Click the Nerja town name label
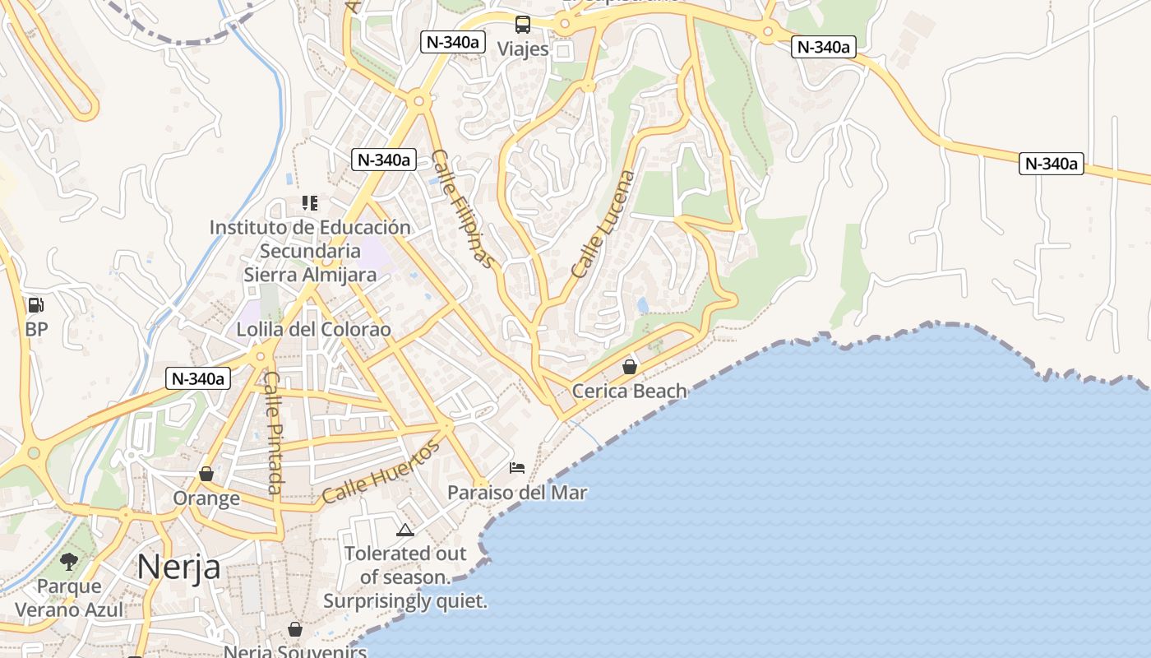[178, 567]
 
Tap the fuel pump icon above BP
[35, 305]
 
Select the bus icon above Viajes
[523, 24]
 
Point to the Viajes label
[523, 49]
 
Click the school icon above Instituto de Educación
[310, 202]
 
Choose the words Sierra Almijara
[310, 275]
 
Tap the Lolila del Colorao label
[313, 329]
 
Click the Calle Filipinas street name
[465, 209]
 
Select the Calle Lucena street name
[603, 224]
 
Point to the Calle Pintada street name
[273, 433]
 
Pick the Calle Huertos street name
[381, 472]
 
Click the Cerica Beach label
[629, 391]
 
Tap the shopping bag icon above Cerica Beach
[630, 367]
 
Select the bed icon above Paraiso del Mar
[517, 468]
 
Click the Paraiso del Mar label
[517, 493]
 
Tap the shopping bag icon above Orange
[206, 475]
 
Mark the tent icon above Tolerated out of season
[404, 530]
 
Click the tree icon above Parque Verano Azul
[69, 562]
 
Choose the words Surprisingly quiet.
[405, 601]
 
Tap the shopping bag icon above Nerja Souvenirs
[295, 629]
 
